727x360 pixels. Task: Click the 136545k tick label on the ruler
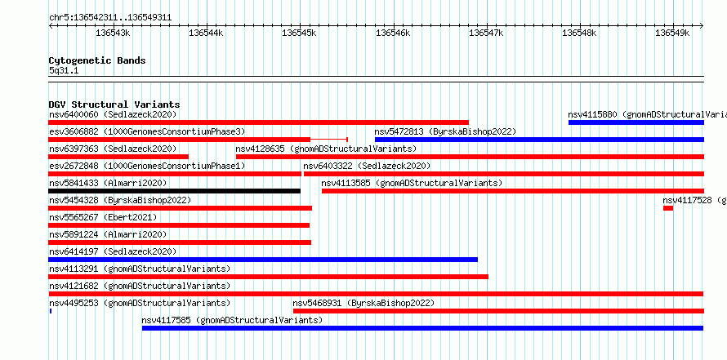[x=299, y=33]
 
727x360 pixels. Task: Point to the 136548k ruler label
[x=579, y=33]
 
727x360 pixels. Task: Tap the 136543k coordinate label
[x=113, y=33]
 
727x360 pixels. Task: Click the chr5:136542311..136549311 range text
[x=110, y=18]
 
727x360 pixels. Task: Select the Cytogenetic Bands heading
[x=97, y=60]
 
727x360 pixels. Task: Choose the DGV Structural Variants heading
[x=114, y=104]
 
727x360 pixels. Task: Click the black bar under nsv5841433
[x=174, y=191]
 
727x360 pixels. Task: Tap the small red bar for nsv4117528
[x=667, y=208]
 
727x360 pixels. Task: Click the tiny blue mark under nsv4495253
[x=50, y=311]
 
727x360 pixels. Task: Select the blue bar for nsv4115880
[x=636, y=122]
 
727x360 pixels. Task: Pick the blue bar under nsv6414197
[x=263, y=260]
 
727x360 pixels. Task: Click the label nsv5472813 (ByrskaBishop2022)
[x=445, y=131]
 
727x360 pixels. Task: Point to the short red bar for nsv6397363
[x=118, y=157]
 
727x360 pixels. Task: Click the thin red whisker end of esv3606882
[x=347, y=139]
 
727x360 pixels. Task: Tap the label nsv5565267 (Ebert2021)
[x=103, y=217]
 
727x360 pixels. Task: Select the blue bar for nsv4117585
[x=422, y=328]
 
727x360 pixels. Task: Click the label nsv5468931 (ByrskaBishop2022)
[x=363, y=303]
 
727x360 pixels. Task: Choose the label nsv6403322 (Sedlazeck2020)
[x=367, y=166]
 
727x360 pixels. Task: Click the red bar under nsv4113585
[x=513, y=191]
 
